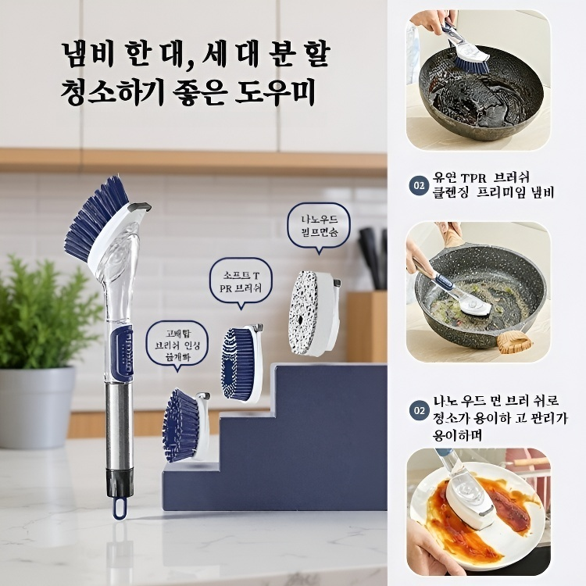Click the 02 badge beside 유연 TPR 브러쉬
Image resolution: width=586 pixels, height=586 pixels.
(x=419, y=185)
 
